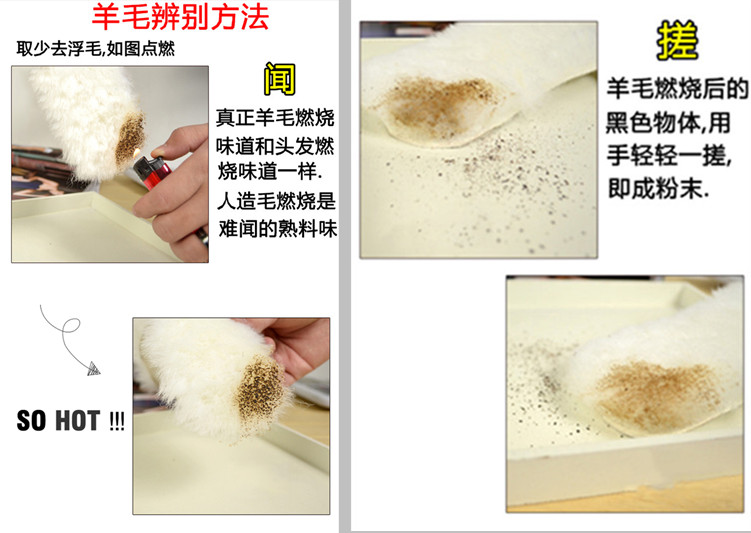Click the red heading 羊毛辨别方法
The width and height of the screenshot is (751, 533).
coord(180,17)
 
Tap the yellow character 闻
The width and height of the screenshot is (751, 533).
coord(280,79)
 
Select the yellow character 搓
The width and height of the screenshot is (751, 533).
coord(677,40)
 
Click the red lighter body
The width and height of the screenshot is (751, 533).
coord(152,171)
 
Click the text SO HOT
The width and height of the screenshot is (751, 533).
coord(58,421)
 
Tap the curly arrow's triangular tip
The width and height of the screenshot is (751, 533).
coord(94,369)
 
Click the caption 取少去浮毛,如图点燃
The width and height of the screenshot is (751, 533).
coord(96,48)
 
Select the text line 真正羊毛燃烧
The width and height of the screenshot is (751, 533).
coord(275,118)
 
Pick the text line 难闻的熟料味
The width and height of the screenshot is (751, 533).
coord(278,229)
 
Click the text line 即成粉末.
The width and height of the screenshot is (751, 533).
coord(658,189)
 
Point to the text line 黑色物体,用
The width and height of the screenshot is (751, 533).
coord(668,123)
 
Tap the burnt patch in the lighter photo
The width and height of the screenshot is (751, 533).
coord(130,138)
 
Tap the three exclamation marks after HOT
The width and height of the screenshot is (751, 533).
coord(117,421)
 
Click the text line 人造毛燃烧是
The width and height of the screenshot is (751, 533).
coord(277,201)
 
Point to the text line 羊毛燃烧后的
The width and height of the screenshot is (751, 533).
coord(677,89)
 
